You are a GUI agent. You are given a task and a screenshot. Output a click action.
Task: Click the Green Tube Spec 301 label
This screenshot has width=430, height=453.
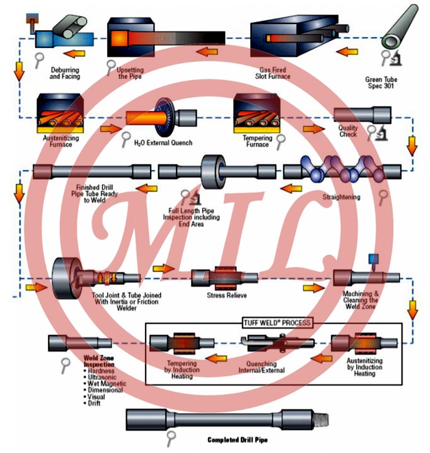point(381,83)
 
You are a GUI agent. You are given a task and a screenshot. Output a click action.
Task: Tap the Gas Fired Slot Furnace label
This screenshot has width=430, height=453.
point(275,73)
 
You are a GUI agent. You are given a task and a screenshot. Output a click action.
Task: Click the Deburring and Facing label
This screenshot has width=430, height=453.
point(65,73)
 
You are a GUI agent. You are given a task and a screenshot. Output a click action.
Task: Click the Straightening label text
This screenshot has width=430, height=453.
point(341,197)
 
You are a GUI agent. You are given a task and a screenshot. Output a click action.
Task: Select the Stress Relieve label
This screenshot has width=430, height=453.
point(227,296)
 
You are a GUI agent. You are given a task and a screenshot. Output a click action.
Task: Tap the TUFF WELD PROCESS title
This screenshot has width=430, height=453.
point(274,322)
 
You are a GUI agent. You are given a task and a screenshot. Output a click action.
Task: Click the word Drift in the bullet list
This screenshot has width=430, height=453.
point(94,403)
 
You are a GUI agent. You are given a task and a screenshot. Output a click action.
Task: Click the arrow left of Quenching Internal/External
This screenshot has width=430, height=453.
point(216,358)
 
